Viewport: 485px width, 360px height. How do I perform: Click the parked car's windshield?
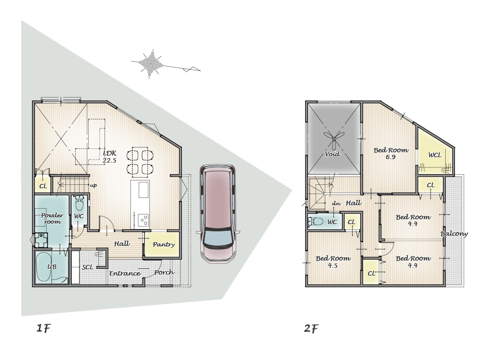coord(218,237)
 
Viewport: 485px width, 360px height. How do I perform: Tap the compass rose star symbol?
coord(151,63)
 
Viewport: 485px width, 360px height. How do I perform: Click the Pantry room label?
coord(163,245)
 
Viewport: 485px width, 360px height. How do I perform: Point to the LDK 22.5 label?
coord(110,157)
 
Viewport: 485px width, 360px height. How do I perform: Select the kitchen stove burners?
coord(144,220)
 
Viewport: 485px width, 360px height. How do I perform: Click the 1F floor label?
coord(43,328)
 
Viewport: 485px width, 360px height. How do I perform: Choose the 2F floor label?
coord(311,328)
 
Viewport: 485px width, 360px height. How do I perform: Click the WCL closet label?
coord(435,155)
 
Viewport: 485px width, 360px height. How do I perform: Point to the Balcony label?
coord(454,234)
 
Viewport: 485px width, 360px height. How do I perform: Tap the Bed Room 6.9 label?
coord(391,153)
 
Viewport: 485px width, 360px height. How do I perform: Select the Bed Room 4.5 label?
coord(333,262)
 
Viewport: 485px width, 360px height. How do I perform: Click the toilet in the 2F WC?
coord(315,221)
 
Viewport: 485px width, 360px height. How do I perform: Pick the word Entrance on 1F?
coord(125,273)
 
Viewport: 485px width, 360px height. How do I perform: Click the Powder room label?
coord(52,218)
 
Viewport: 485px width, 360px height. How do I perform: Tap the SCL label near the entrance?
coord(87,267)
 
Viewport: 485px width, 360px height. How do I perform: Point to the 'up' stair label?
coord(93,185)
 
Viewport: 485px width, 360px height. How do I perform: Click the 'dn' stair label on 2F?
coord(336,203)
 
